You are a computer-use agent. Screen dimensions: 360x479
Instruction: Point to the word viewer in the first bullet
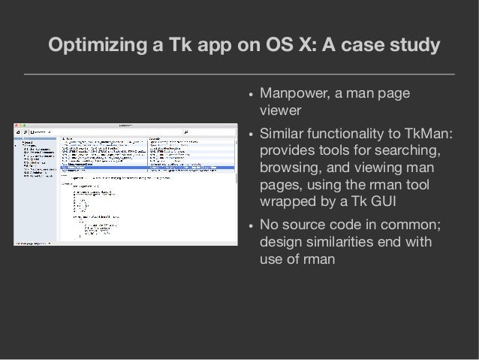pos(278,112)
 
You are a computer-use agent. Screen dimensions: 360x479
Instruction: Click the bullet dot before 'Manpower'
pos(249,96)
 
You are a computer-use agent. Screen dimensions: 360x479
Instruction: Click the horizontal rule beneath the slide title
pos(239,75)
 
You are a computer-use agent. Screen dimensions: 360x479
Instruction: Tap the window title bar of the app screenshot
pos(127,124)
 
